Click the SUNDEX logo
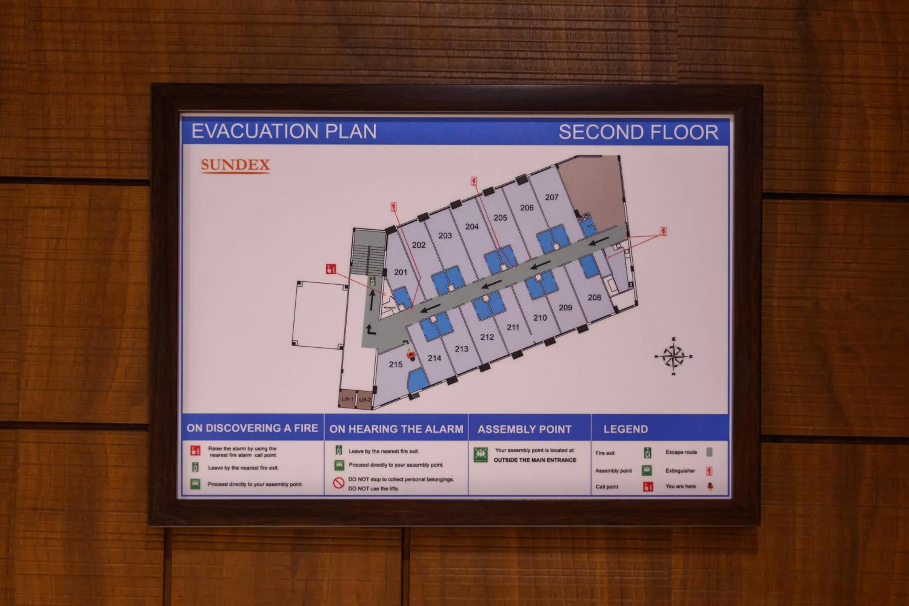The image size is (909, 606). pos(235,165)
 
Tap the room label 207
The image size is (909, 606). pos(551,198)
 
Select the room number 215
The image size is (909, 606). pos(395,365)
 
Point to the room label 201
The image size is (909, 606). pos(400,272)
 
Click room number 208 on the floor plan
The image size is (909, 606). pos(594,298)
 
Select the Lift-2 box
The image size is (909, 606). pos(365,400)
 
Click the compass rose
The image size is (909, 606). pos(674,356)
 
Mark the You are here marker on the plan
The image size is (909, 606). pos(411,355)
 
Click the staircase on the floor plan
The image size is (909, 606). pos(369,255)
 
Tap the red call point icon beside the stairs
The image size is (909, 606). pos(331,269)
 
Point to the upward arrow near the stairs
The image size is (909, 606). pos(372,300)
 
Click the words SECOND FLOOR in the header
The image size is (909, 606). pos(638,133)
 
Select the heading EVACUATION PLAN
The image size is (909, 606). pos(284,132)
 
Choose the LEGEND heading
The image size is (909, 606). pos(625,429)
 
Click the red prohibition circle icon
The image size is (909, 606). pos(338,483)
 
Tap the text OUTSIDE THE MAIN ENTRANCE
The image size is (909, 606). pos(535,460)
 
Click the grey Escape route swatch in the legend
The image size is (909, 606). pos(709,452)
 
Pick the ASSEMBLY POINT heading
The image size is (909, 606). pos(524,429)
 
